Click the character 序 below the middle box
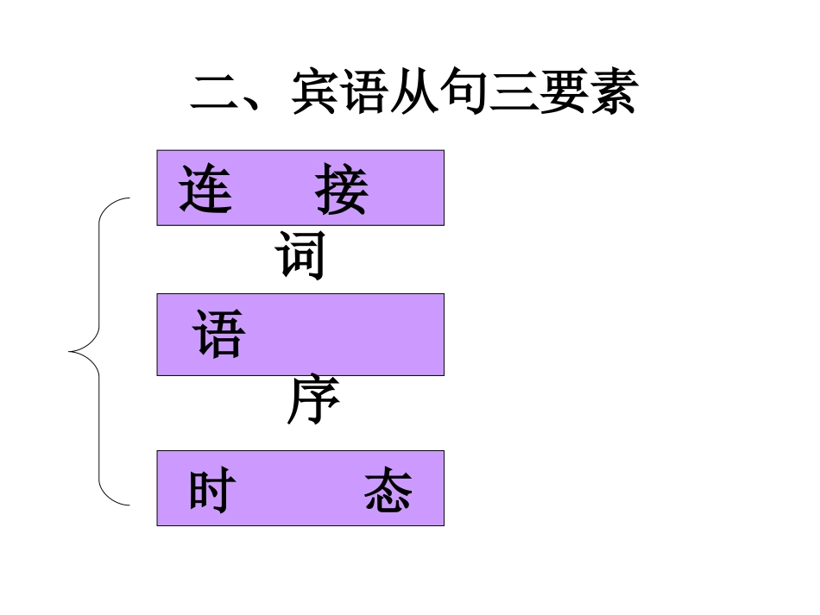(312, 402)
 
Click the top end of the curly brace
(129, 198)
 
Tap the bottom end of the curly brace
(129, 503)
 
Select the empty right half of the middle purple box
(371, 334)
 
